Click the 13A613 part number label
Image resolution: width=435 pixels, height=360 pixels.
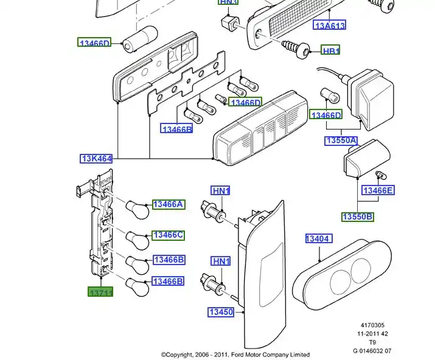click(330, 26)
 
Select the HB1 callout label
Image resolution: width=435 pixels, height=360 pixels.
click(331, 50)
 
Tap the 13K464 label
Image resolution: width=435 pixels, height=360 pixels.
click(97, 159)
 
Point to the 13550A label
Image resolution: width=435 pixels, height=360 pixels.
click(341, 141)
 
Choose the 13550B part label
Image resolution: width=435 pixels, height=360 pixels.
click(357, 217)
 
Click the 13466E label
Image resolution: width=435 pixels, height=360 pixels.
click(378, 190)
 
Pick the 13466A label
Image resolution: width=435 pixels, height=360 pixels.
click(169, 204)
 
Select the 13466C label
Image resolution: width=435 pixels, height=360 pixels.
click(169, 235)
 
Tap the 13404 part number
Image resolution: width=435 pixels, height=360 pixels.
click(318, 239)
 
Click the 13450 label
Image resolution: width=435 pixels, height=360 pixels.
click(221, 312)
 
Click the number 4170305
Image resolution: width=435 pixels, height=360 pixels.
click(372, 325)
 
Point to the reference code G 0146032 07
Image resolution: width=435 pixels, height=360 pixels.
click(372, 350)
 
